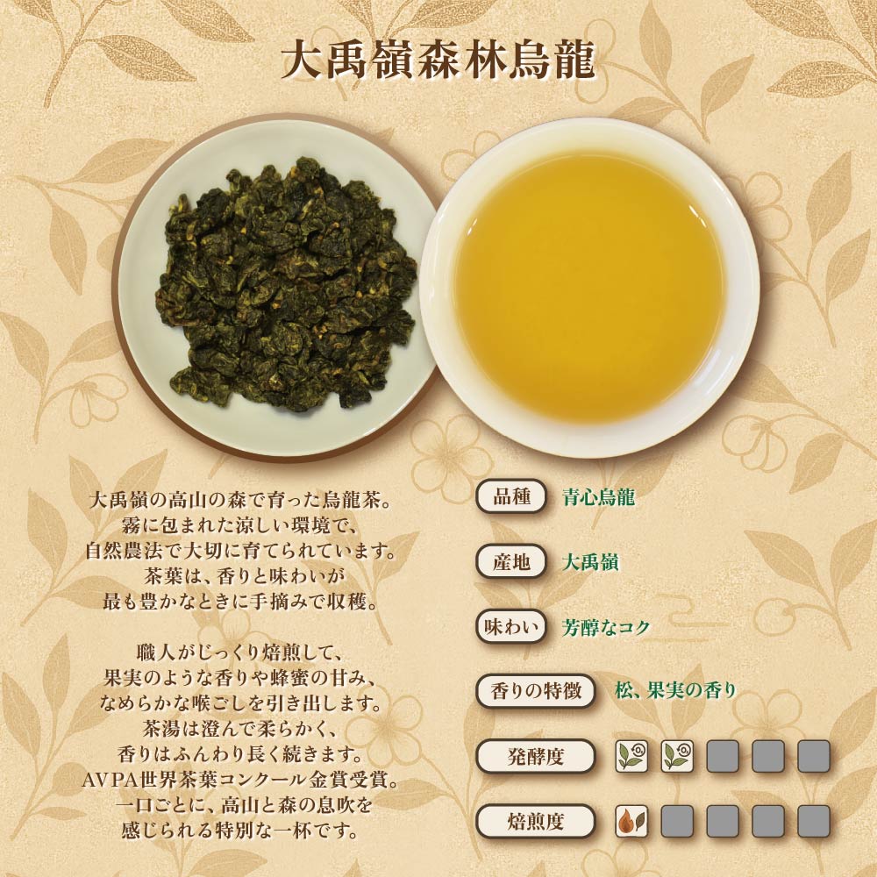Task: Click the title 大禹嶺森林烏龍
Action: [438, 60]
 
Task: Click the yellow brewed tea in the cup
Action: [589, 287]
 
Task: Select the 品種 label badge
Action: [511, 496]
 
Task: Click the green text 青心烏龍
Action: [598, 496]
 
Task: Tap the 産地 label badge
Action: [511, 561]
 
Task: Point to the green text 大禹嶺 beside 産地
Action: [590, 562]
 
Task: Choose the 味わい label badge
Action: [511, 626]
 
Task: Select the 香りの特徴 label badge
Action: [535, 691]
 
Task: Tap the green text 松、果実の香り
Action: [675, 691]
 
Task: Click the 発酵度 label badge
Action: [535, 757]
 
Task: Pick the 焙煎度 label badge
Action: [535, 822]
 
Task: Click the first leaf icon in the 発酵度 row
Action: [631, 757]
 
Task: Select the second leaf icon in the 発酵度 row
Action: [677, 757]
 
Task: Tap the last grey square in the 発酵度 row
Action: [814, 757]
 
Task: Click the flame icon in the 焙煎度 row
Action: [631, 822]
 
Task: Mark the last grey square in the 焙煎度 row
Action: [814, 822]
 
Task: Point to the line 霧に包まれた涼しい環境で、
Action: [239, 525]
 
